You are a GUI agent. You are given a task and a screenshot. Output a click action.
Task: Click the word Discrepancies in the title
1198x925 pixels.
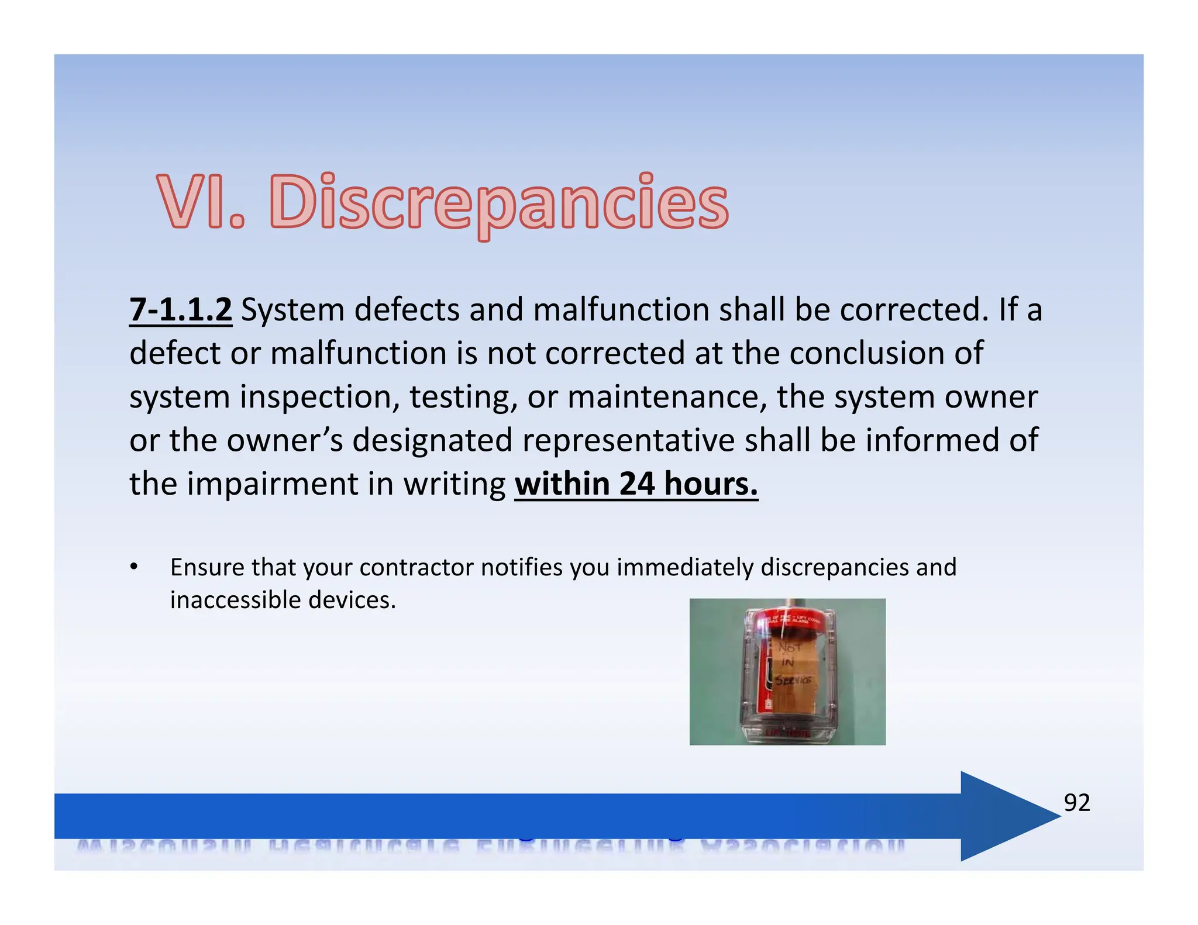click(499, 202)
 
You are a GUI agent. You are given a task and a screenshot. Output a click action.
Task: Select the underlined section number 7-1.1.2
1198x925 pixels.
click(181, 309)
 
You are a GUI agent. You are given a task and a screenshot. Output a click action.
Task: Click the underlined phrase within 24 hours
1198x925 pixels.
click(636, 484)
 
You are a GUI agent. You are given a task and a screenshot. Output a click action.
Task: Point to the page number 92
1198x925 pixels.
click(1077, 803)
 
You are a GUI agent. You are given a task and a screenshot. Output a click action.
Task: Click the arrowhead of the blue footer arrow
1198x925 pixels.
click(1009, 816)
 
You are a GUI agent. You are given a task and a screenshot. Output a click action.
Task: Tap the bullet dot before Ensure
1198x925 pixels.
click(134, 567)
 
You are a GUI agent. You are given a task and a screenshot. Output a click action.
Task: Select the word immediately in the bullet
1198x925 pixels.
click(685, 567)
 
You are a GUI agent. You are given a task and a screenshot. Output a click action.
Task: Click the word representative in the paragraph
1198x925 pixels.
click(629, 440)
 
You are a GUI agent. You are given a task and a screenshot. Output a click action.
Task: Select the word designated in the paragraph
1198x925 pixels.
click(432, 440)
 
